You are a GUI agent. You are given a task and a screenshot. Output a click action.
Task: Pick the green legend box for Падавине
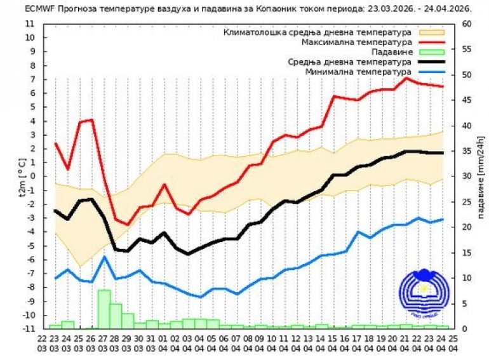click(x=431, y=51)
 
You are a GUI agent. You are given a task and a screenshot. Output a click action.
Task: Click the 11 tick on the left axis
click(x=30, y=23)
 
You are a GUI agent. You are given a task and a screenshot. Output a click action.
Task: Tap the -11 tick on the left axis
click(x=29, y=329)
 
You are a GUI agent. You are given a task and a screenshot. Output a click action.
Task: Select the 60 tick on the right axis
click(x=467, y=23)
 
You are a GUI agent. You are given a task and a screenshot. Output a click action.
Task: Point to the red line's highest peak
click(x=406, y=77)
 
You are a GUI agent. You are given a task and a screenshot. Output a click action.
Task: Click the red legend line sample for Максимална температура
click(x=431, y=41)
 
